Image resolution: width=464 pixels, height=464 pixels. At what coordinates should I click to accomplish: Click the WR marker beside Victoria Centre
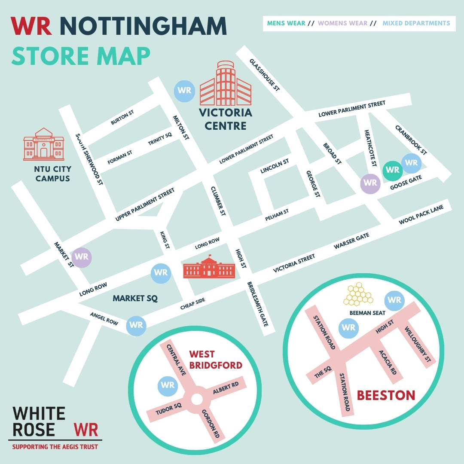click(x=184, y=91)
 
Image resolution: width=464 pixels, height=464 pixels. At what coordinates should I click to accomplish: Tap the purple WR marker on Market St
click(x=82, y=257)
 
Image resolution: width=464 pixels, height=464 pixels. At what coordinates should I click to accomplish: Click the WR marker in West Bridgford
click(x=168, y=385)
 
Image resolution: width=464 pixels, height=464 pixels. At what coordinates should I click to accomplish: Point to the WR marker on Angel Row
click(x=136, y=325)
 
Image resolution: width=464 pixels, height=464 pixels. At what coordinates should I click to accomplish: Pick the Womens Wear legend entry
click(x=343, y=23)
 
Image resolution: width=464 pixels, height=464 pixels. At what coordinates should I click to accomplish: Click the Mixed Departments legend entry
click(x=416, y=23)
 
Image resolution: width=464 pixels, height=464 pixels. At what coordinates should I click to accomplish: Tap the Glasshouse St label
click(x=265, y=74)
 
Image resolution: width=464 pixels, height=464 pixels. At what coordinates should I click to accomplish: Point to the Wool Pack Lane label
click(x=421, y=214)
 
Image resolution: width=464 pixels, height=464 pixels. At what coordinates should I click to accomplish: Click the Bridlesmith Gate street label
click(x=258, y=305)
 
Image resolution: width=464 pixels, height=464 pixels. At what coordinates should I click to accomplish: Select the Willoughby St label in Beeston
click(x=418, y=344)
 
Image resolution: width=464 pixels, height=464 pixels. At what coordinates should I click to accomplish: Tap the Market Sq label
click(x=135, y=298)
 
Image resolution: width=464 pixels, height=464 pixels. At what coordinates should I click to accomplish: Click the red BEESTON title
click(x=386, y=395)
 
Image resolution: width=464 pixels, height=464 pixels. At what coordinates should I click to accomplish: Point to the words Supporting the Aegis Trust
click(x=55, y=447)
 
